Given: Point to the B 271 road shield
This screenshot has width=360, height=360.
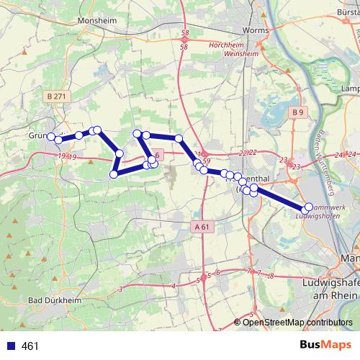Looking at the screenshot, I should tap(54, 96).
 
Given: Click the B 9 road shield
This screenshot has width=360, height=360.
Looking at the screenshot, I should tap(298, 113).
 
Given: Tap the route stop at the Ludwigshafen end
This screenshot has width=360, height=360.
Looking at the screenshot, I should tap(309, 207).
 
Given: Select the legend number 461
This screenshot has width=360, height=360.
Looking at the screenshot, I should tap(30, 346).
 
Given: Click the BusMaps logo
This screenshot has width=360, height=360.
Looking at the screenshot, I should tap(326, 346).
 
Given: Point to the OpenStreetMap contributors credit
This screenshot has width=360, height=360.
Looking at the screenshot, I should tap(298, 322).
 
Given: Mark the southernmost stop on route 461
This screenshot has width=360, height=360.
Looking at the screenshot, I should tap(253, 194).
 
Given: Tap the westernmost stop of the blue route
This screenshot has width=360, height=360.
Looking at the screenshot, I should tap(50, 136).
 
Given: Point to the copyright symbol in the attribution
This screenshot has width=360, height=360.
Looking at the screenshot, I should tap(238, 322).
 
